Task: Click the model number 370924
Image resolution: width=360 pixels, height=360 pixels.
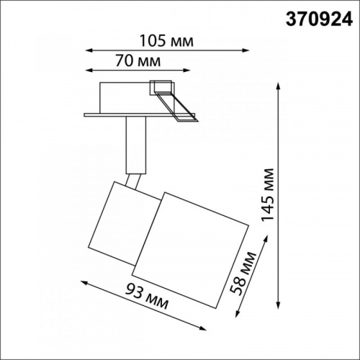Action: coord(319,19)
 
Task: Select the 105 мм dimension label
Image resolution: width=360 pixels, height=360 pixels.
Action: coord(166,40)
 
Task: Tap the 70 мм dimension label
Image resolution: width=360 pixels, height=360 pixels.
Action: coord(138,60)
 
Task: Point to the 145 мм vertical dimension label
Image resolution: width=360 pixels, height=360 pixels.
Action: coord(267,194)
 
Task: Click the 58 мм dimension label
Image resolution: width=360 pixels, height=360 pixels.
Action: coord(243,273)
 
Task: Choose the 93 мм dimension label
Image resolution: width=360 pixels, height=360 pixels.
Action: coord(147,297)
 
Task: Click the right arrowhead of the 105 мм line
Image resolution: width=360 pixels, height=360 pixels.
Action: coord(246,50)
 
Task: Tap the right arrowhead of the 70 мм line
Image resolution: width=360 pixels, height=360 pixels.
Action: coord(187,71)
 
